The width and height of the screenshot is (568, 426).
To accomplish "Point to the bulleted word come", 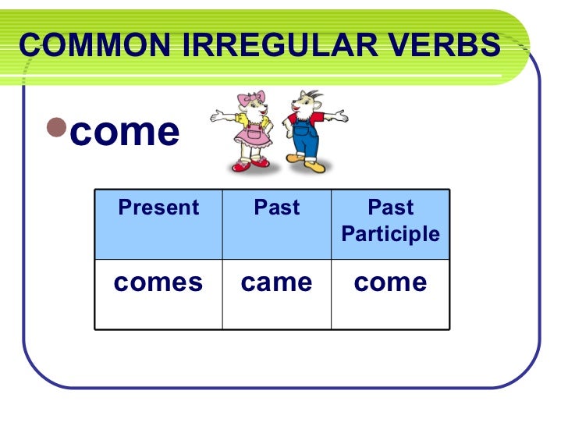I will point(125,131).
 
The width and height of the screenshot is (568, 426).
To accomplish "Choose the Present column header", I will point(158,208).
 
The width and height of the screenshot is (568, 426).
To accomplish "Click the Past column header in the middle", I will point(276,208).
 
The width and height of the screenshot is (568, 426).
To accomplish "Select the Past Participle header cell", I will point(390,222).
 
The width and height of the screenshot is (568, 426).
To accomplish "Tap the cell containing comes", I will point(158,282).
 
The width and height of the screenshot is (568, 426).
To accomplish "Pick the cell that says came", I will point(276,282).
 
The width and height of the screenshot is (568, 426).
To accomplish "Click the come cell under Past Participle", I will point(390,282).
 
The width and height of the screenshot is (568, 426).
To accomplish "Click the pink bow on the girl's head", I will point(253,100).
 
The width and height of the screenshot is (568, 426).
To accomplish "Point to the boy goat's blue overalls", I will point(306,141).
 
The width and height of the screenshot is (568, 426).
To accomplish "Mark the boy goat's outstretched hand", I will point(343,117).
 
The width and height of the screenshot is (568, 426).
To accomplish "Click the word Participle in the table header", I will point(390,234).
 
